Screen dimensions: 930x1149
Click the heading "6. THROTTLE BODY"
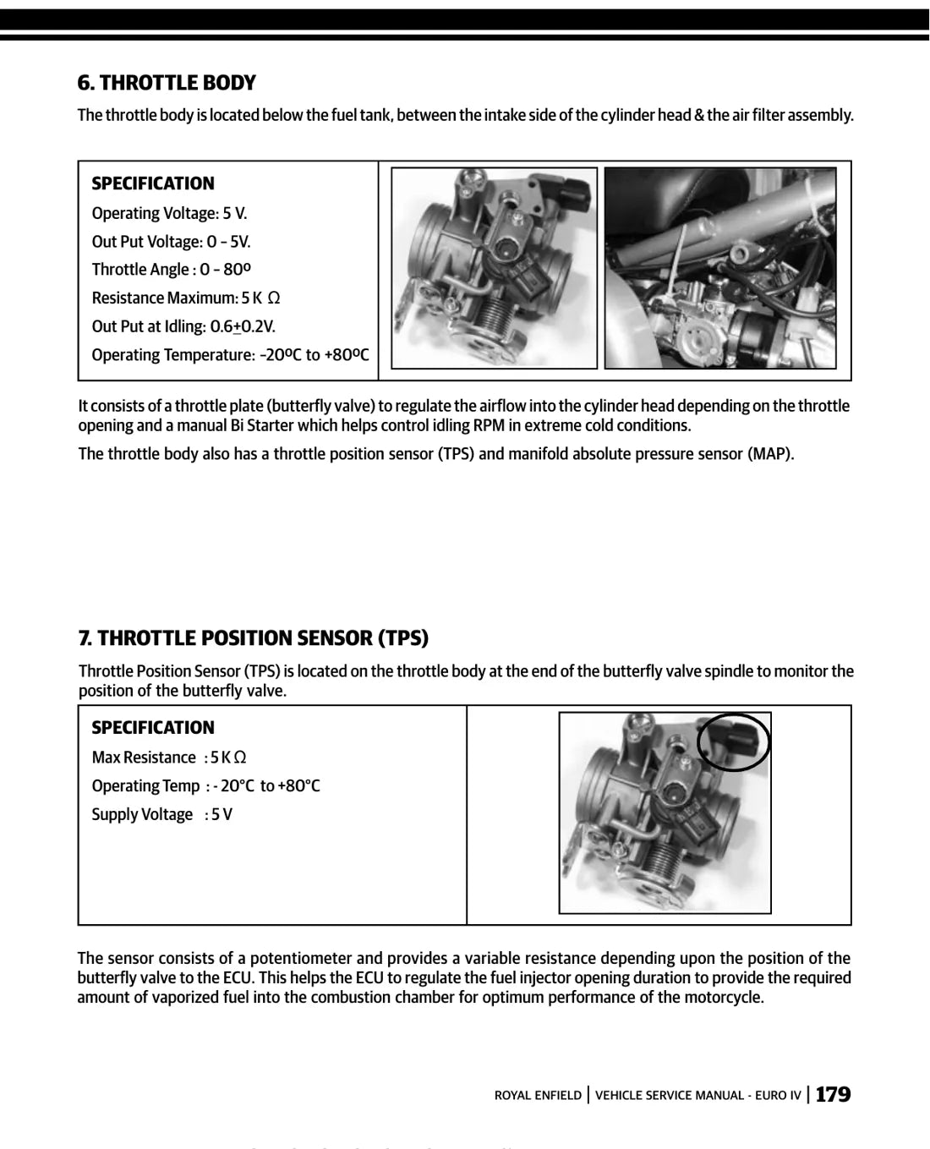click(x=167, y=83)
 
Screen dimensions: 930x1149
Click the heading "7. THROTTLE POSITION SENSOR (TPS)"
click(x=254, y=637)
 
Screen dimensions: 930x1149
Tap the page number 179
click(x=833, y=1095)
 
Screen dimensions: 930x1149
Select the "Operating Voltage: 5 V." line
click(x=169, y=214)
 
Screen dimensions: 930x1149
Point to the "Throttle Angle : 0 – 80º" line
click(x=171, y=269)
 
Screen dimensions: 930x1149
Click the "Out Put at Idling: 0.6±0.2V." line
click(x=183, y=326)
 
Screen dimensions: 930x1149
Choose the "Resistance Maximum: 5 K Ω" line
click(x=185, y=298)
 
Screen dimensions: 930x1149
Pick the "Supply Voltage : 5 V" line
click(x=161, y=814)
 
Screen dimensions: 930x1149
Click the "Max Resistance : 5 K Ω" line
click(x=169, y=758)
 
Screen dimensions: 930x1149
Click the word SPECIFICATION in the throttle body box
click(x=153, y=183)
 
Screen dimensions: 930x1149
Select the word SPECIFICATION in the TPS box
click(x=153, y=728)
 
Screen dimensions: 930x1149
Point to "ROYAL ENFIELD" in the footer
click(x=538, y=1096)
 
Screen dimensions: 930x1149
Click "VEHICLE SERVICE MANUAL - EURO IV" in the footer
click(x=698, y=1096)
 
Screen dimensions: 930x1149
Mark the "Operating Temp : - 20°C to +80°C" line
click(x=205, y=786)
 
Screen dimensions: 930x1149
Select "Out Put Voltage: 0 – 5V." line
click(x=171, y=242)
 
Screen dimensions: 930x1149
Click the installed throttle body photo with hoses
click(x=720, y=268)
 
